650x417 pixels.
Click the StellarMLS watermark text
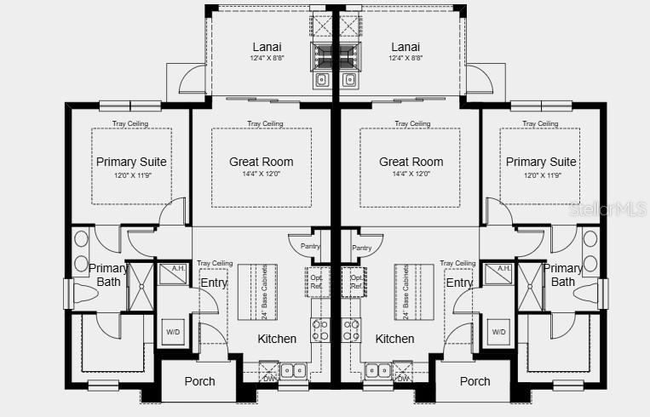click(x=608, y=208)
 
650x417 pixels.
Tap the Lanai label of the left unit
click(x=267, y=47)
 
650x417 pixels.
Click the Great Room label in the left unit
click(x=261, y=162)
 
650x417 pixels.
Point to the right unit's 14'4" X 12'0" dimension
click(x=411, y=174)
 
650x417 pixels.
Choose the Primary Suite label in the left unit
click(x=131, y=162)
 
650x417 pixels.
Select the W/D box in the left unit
click(x=173, y=331)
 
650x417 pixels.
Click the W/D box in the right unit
click(x=498, y=331)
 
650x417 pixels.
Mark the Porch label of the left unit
click(x=199, y=381)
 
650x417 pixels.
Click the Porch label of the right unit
click(x=475, y=381)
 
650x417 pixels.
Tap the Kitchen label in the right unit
click(x=394, y=339)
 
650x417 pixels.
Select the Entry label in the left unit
click(x=213, y=283)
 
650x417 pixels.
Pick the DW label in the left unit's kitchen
click(x=269, y=379)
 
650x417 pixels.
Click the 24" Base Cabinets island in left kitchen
click(x=252, y=291)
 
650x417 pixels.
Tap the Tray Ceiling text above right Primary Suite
click(x=541, y=123)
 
